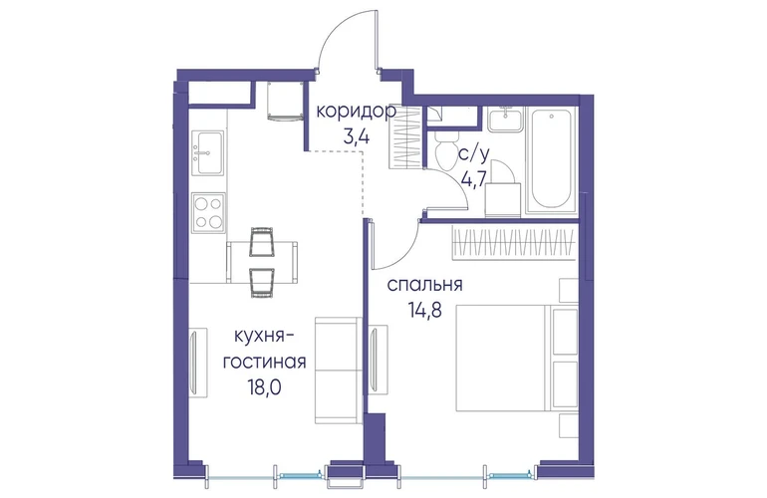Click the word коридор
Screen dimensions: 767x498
(x=356, y=112)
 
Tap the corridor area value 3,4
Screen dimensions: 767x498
(x=357, y=136)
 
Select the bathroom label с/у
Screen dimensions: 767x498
(x=473, y=154)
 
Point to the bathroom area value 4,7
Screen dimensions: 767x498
(x=473, y=179)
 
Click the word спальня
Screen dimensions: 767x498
(x=424, y=285)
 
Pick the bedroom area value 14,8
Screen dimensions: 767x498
(x=425, y=310)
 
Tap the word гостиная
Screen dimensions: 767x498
(x=265, y=362)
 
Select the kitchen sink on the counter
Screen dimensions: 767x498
(x=208, y=152)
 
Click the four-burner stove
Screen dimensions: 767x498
(x=208, y=212)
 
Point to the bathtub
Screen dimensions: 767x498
(x=551, y=160)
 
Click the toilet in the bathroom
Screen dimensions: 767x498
(x=444, y=148)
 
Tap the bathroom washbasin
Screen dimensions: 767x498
(x=504, y=119)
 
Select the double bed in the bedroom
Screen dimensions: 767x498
(x=517, y=359)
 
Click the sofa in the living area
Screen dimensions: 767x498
(x=339, y=370)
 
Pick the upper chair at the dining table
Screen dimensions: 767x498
(x=262, y=242)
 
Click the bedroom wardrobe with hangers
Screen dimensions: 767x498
(x=513, y=242)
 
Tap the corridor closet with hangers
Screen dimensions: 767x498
(x=405, y=138)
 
